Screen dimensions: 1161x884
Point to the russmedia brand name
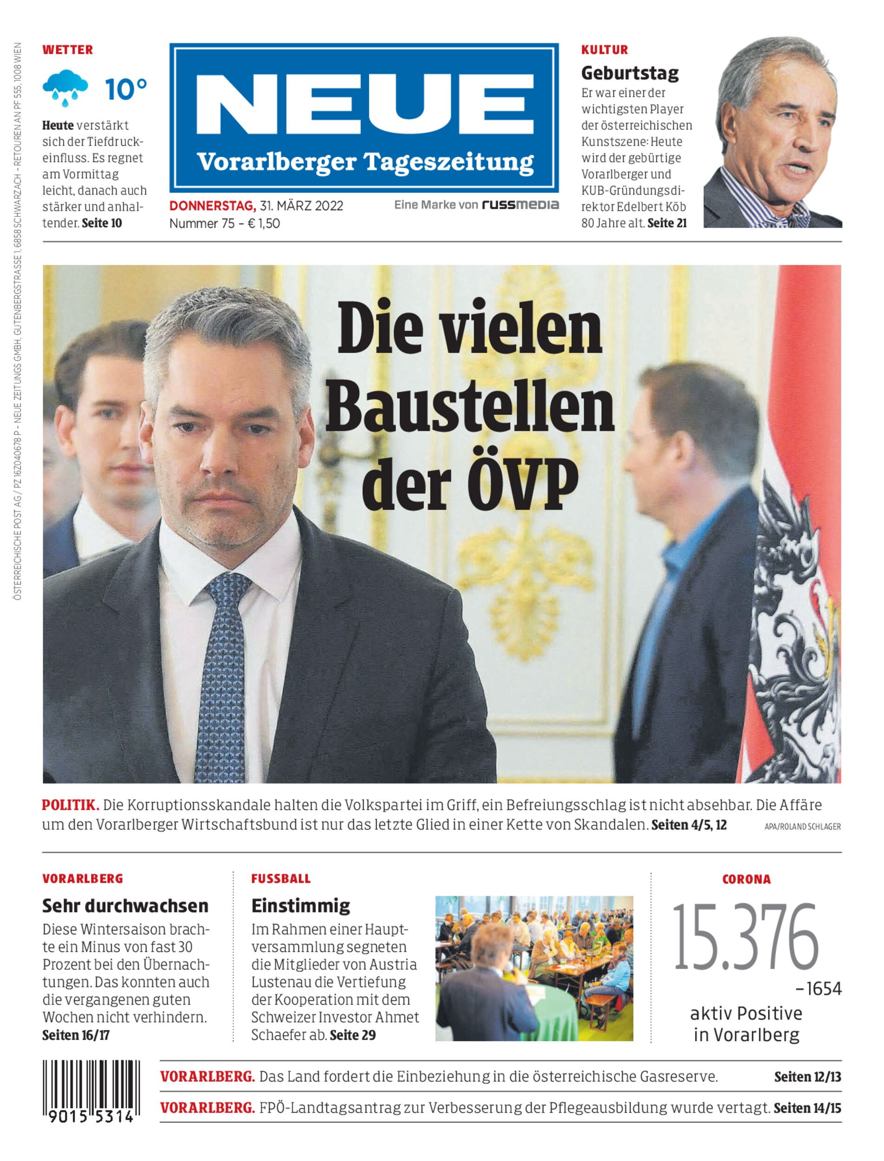point(520,205)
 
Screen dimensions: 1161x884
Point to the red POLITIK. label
point(71,820)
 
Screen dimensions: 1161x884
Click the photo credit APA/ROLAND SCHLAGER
point(802,841)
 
